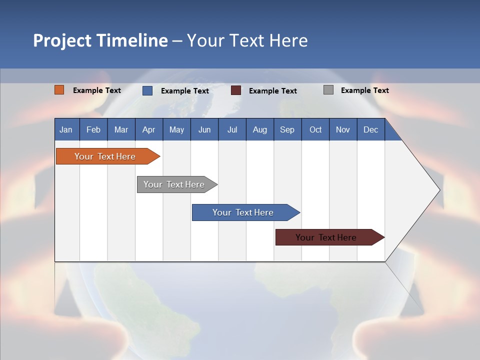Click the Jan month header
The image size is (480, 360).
pos(66,129)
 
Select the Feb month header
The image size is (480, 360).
pos(93,129)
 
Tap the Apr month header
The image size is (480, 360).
pos(148,129)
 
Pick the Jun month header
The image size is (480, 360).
pos(204,129)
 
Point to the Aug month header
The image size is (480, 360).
pos(259,129)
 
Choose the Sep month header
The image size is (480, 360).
pos(287,129)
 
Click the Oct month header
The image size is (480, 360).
pos(315,129)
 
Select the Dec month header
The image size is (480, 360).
pos(370,129)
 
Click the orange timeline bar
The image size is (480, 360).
pos(105,156)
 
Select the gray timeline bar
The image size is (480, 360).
pos(174,184)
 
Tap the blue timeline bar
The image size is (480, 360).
pos(243,212)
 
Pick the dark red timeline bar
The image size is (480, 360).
pos(326,237)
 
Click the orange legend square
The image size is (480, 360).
pos(59,90)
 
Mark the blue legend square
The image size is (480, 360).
pos(147,90)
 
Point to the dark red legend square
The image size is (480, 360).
pos(236,90)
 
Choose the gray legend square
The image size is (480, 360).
pos(328,90)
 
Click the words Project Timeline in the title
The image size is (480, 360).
pos(100,40)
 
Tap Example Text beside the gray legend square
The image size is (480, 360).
pos(364,90)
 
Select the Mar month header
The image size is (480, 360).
pos(121,129)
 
